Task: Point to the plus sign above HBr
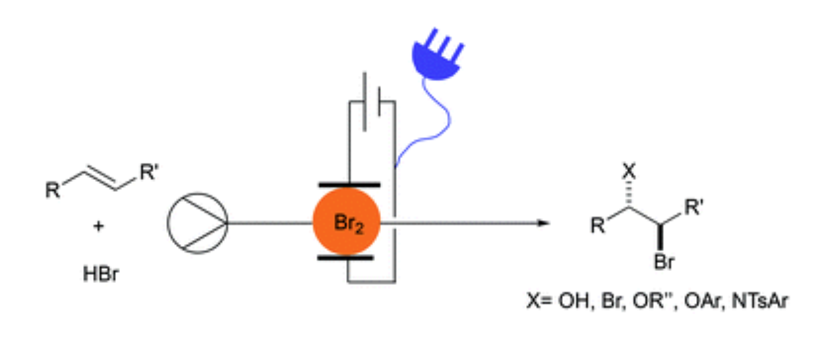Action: pyautogui.click(x=99, y=227)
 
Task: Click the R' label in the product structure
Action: pyautogui.click(x=693, y=209)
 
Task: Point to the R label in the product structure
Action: pyautogui.click(x=596, y=228)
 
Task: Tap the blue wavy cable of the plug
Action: pyautogui.click(x=428, y=125)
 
